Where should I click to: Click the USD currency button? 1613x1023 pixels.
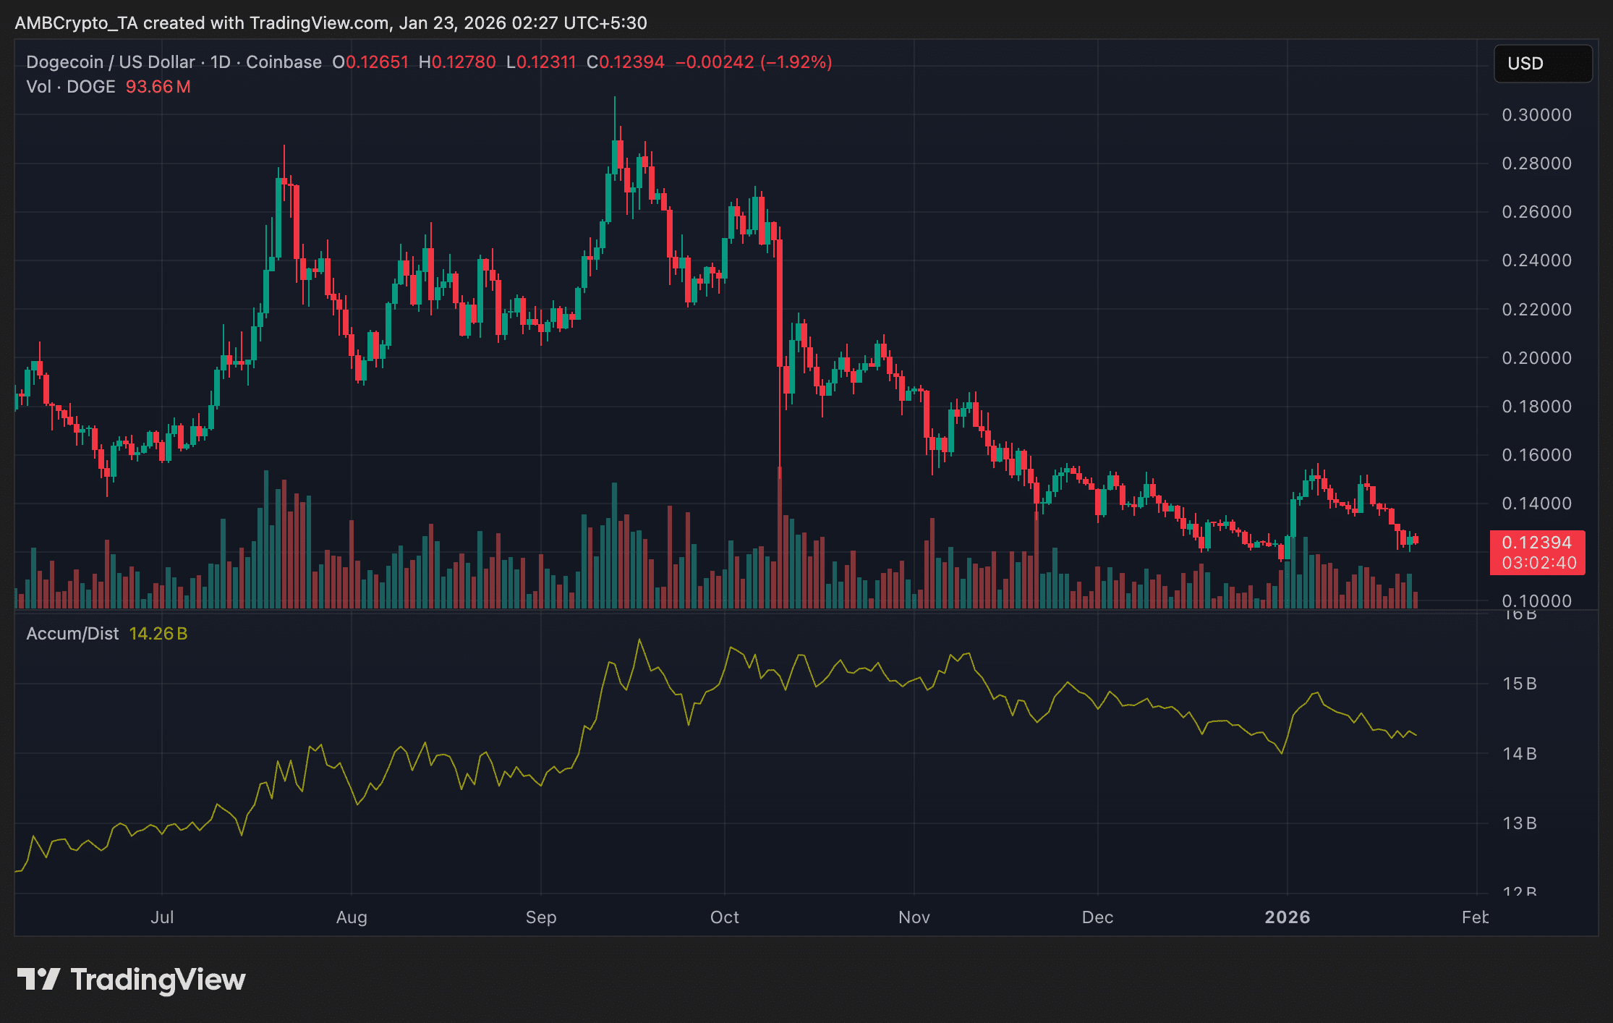coord(1542,64)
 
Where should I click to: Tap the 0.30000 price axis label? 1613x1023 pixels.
coord(1536,115)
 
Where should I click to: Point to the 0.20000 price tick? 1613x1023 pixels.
coord(1536,358)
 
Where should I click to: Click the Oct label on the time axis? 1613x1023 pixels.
coord(724,917)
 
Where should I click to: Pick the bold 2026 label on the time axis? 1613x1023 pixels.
coord(1287,917)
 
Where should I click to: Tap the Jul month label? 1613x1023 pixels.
coord(162,917)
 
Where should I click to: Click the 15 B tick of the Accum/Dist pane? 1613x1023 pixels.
coord(1519,684)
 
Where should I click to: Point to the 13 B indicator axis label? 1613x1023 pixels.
coord(1519,823)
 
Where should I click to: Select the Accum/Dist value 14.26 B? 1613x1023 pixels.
coord(158,634)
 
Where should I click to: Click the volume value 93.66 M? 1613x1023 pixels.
coord(158,87)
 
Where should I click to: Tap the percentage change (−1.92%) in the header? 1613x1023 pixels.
coord(796,62)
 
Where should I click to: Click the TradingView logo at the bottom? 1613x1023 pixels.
coord(131,980)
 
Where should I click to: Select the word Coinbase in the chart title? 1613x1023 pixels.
coord(284,62)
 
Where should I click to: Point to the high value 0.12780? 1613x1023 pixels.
coord(463,62)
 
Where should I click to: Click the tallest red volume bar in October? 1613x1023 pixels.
coord(780,539)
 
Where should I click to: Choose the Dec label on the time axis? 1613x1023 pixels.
coord(1097,917)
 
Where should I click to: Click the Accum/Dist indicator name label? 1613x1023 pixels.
coord(72,634)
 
